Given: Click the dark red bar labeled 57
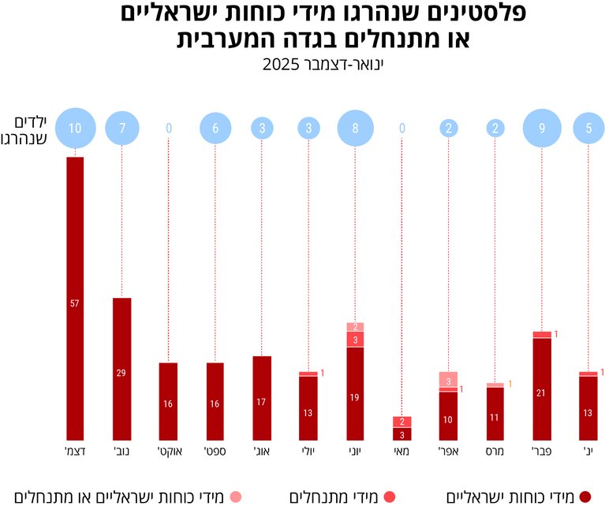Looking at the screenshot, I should click(75, 299).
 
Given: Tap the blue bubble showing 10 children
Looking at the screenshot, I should click(75, 128).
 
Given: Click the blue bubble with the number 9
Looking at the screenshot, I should click(542, 128).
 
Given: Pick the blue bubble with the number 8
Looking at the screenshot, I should click(356, 128).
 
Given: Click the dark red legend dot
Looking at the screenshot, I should click(585, 496).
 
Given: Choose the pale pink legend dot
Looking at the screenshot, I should click(235, 496).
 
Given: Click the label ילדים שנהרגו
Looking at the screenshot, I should click(32, 129).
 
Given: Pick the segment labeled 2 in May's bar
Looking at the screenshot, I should click(402, 422).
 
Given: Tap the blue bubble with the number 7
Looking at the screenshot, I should click(121, 128).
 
